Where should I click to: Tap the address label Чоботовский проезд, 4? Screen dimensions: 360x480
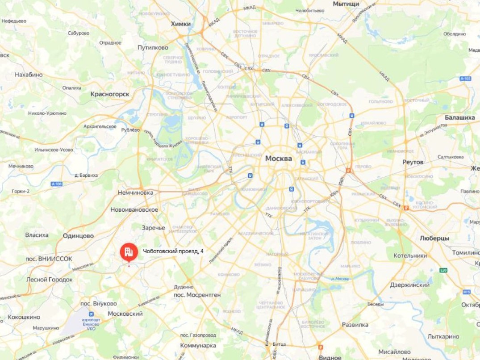[x=173, y=251]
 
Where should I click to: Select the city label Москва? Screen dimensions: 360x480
[x=278, y=159]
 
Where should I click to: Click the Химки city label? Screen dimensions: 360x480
[x=181, y=24]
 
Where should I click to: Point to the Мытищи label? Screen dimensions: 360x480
[x=346, y=4]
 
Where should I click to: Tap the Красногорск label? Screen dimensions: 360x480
[x=110, y=94]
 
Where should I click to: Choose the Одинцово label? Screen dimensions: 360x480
[x=78, y=236]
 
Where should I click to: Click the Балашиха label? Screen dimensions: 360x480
[x=459, y=117]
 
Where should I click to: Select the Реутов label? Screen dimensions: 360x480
[x=413, y=162]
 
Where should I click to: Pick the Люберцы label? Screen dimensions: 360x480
[x=434, y=239]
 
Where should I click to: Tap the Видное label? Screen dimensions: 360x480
[x=330, y=357]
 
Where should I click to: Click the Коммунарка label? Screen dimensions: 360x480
[x=198, y=346]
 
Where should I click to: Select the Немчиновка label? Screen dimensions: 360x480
[x=135, y=193]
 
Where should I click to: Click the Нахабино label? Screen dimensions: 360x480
[x=29, y=75]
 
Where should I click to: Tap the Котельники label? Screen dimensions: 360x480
[x=410, y=256]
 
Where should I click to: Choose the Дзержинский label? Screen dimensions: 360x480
[x=410, y=285]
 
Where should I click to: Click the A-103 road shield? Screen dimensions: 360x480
[x=465, y=79]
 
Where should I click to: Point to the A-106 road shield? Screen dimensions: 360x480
[x=56, y=184]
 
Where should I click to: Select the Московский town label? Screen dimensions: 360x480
[x=125, y=314]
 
